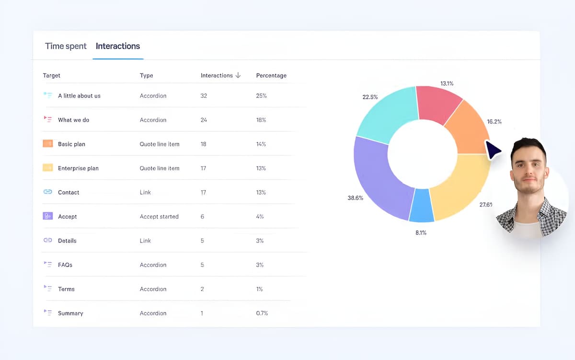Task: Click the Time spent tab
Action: [66, 46]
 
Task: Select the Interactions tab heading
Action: [118, 46]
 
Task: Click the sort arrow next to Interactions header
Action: [238, 76]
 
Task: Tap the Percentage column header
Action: [271, 76]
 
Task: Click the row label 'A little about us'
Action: [79, 96]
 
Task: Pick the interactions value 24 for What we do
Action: [204, 120]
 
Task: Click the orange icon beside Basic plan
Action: [47, 144]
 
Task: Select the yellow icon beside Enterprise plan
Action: [47, 168]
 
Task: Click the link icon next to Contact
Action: [47, 192]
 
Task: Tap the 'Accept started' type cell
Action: [159, 217]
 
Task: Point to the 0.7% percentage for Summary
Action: [262, 313]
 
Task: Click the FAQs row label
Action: [65, 265]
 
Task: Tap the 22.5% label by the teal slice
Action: [370, 97]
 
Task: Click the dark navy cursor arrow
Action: [493, 150]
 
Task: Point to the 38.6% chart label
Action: [355, 198]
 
